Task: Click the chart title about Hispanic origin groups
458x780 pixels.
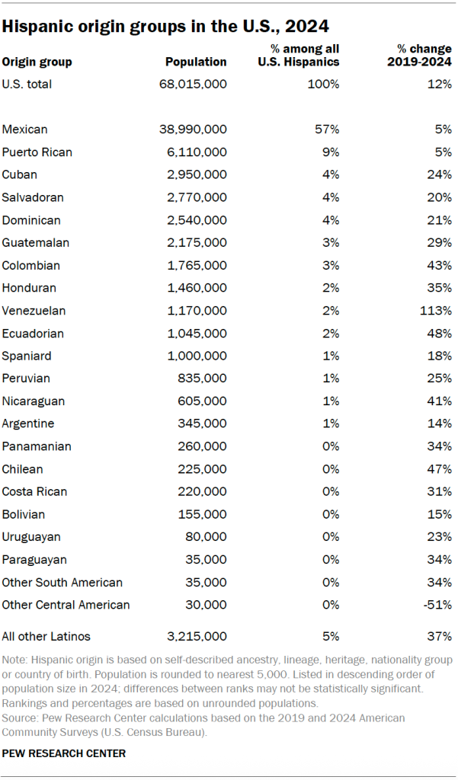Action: click(x=166, y=26)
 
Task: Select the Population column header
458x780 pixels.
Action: click(x=196, y=62)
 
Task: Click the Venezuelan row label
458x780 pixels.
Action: click(x=34, y=311)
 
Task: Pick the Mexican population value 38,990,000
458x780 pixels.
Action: click(x=186, y=129)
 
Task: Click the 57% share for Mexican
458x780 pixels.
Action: click(x=327, y=129)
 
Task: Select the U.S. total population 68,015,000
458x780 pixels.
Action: click(x=186, y=84)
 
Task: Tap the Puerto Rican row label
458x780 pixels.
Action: click(x=37, y=152)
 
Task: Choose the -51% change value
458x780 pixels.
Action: click(x=437, y=605)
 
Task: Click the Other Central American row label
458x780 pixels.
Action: click(x=66, y=605)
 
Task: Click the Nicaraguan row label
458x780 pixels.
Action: click(x=34, y=401)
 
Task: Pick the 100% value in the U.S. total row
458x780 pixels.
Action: click(x=324, y=84)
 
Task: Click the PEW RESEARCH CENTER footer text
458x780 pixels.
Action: click(x=63, y=753)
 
